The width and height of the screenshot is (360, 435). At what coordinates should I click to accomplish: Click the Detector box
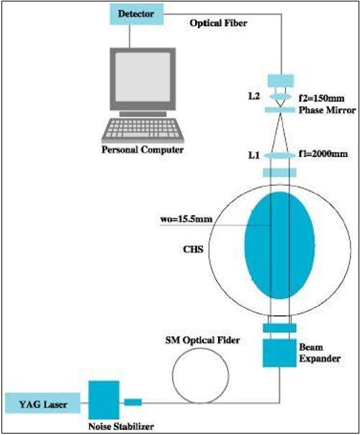(x=137, y=14)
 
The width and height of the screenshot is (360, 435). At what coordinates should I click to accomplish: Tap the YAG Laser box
(x=42, y=403)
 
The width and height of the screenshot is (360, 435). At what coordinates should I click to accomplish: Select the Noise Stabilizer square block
(x=104, y=400)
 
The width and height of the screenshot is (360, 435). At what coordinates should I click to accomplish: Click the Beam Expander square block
(x=279, y=353)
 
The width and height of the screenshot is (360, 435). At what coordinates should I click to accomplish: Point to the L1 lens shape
(x=279, y=156)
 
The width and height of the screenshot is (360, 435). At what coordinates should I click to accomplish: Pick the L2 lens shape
(x=280, y=97)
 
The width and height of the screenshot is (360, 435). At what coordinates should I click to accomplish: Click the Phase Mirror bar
(x=280, y=110)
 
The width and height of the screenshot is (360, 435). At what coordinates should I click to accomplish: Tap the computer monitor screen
(x=143, y=77)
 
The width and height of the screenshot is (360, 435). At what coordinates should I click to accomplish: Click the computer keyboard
(x=143, y=130)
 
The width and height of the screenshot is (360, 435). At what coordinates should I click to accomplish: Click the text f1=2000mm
(x=323, y=153)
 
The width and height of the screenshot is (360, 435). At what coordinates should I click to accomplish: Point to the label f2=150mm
(x=322, y=98)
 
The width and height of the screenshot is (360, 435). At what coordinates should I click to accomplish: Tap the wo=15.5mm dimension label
(x=186, y=219)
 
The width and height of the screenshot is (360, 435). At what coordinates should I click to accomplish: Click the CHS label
(x=193, y=249)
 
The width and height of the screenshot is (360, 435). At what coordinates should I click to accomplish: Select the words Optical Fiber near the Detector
(x=218, y=23)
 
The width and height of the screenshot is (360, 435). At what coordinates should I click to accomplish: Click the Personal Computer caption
(x=143, y=150)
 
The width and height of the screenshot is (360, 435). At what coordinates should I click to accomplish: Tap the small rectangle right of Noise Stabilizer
(x=133, y=403)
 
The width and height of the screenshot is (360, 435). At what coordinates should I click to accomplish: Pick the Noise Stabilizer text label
(x=121, y=426)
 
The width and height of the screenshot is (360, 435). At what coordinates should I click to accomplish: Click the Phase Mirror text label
(x=328, y=110)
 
